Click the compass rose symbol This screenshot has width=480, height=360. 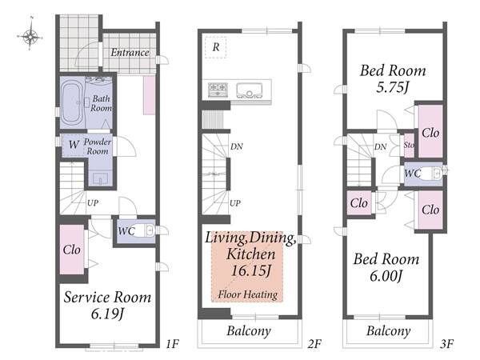[x=30, y=37]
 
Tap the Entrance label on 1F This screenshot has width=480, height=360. [x=130, y=53]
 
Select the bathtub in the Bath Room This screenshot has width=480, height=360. [x=72, y=102]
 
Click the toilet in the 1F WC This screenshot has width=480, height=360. [x=145, y=230]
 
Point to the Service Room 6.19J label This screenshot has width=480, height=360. [x=107, y=306]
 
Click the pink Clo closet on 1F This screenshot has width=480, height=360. [x=72, y=250]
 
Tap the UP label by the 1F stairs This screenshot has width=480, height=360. [x=93, y=202]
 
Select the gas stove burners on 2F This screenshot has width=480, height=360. [x=218, y=90]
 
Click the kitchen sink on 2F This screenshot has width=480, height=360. [x=250, y=90]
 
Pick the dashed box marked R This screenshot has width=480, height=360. [x=216, y=47]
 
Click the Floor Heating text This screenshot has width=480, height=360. [x=248, y=294]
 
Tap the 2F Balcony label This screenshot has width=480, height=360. [x=249, y=331]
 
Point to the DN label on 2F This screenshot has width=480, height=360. [x=237, y=146]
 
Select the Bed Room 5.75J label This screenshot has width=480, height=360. [x=393, y=78]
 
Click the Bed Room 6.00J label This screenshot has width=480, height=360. [x=386, y=267]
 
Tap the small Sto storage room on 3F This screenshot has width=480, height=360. [x=409, y=146]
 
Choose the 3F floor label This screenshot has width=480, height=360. [x=446, y=344]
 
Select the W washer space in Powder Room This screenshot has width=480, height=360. [x=74, y=145]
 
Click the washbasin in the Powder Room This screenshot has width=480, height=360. [x=101, y=178]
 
